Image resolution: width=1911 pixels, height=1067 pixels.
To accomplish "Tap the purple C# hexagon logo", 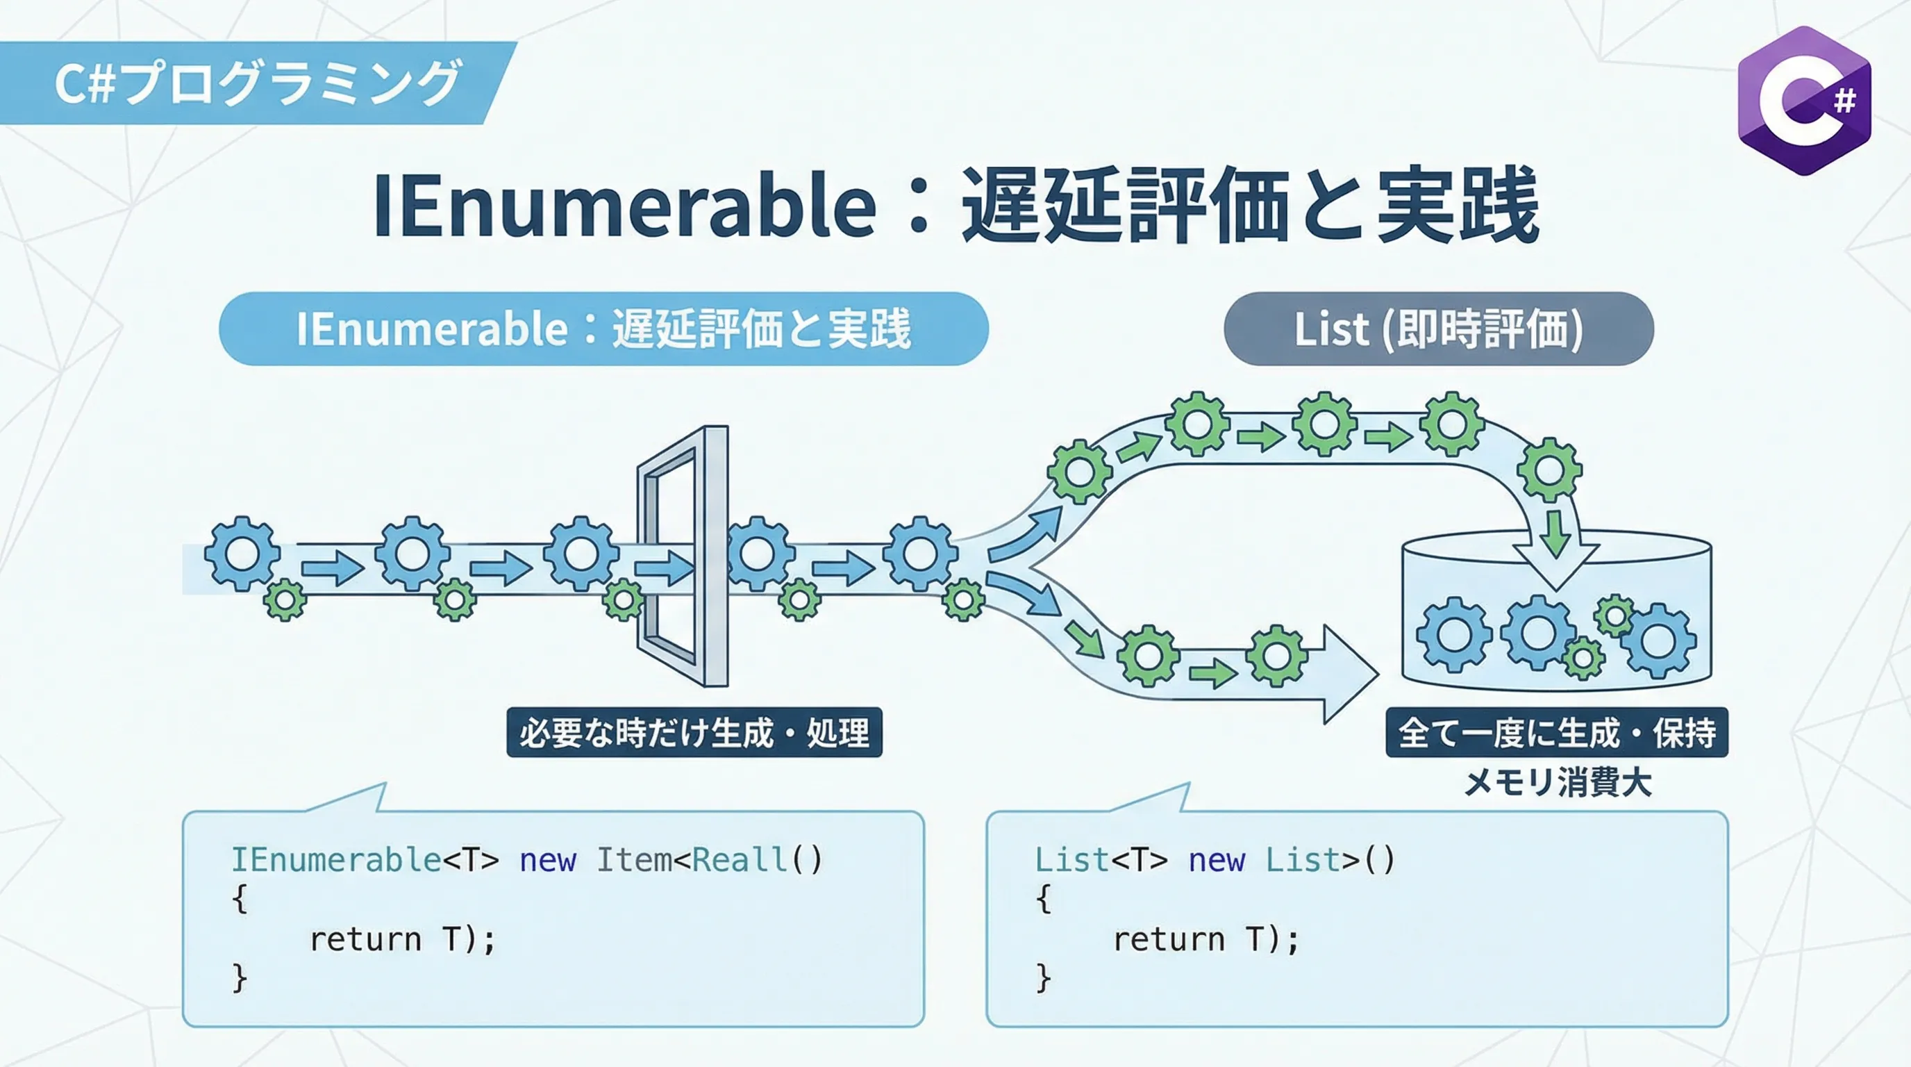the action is coord(1804,100).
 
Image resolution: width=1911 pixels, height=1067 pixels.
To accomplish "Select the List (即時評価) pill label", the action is coord(1438,329).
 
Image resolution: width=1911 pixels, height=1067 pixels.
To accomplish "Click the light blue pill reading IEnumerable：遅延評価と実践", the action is coord(604,329).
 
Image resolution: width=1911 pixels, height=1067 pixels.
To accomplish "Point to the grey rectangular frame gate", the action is coord(683,556).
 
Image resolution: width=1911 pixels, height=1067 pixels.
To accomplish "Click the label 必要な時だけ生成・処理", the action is coord(694,732).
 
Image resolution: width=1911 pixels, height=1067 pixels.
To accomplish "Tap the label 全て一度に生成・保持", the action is coord(1556,732).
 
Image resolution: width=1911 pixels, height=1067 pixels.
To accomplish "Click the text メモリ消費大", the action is coord(1558,783).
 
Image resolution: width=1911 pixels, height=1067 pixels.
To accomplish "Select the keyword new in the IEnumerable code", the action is coord(547,861).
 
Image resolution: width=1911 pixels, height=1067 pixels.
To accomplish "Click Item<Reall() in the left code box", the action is coord(709,860).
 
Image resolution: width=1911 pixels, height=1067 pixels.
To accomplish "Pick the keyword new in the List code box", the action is coord(1217,861).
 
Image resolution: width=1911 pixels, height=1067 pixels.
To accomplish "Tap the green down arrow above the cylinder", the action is coord(1555,532).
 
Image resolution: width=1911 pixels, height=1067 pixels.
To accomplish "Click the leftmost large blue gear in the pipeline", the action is coord(242,554).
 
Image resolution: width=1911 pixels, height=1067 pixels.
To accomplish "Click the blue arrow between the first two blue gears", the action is coord(333,568).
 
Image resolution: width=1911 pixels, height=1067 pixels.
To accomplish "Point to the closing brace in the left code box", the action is coord(239,978).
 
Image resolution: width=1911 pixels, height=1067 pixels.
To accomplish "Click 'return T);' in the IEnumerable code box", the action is coord(402,939).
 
